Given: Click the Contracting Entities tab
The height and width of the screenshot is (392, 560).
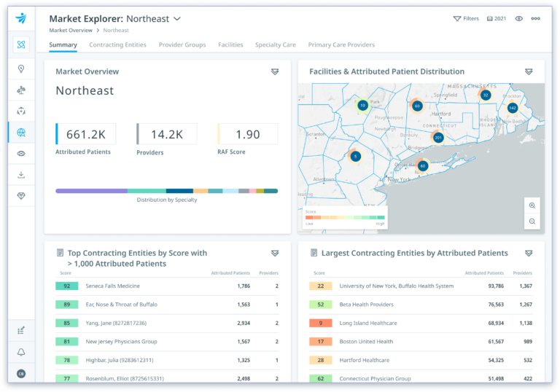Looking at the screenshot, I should (117, 45).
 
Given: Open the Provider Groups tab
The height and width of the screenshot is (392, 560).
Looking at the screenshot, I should (182, 45).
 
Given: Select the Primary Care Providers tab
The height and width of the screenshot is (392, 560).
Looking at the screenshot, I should (341, 45).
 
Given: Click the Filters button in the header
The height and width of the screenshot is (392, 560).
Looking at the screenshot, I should (466, 18).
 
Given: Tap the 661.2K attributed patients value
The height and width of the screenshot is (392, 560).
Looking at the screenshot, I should (86, 134).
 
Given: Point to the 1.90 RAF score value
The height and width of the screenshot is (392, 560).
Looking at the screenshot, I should (248, 134).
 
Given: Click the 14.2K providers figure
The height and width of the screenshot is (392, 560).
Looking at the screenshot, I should (167, 134).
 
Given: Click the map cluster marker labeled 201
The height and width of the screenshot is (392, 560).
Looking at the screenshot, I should (438, 138).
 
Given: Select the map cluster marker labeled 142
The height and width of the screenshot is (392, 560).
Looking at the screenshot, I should (512, 108).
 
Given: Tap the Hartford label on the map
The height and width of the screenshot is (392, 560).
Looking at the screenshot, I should (440, 114).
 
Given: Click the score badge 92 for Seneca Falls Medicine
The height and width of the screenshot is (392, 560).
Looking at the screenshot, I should (66, 286).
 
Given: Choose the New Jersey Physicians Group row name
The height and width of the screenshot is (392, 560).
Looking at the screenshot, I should (121, 342).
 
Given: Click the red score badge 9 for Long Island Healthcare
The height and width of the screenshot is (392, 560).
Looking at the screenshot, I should (320, 323).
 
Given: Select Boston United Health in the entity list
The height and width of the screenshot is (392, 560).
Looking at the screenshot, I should (366, 342).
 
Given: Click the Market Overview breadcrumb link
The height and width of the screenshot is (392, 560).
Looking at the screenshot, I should (71, 31).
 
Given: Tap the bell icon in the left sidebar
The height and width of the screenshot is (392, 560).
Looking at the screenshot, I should (21, 352).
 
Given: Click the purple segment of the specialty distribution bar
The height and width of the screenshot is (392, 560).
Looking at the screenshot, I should (91, 191).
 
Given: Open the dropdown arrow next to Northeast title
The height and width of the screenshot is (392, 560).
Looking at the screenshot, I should (177, 18).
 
